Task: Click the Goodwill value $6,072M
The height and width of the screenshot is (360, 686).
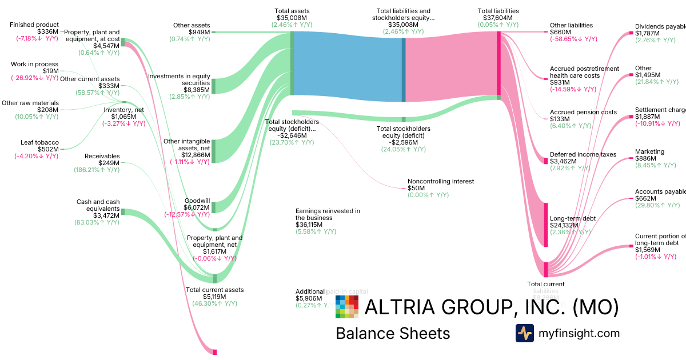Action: (x=197, y=207)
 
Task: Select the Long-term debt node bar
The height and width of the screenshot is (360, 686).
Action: (x=546, y=224)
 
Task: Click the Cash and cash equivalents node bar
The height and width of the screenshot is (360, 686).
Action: (x=123, y=212)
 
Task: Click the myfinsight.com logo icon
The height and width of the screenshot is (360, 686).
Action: (x=524, y=333)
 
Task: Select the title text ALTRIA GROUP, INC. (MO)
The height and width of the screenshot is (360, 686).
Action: (x=492, y=307)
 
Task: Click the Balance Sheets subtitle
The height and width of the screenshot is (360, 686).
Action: (x=393, y=333)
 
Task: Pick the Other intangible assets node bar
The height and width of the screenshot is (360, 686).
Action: (x=214, y=150)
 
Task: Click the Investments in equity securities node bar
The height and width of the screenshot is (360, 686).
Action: (x=214, y=86)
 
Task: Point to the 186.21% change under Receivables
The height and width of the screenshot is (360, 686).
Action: (x=96, y=170)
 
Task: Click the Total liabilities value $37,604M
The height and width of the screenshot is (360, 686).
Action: (x=498, y=18)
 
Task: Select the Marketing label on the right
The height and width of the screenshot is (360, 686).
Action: (x=649, y=151)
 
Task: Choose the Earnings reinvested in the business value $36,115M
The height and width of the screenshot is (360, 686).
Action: (x=309, y=225)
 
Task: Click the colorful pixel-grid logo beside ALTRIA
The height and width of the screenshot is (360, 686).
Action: (x=347, y=307)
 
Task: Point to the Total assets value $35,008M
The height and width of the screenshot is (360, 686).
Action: (x=292, y=18)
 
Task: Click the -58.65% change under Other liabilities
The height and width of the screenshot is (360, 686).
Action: (x=573, y=39)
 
